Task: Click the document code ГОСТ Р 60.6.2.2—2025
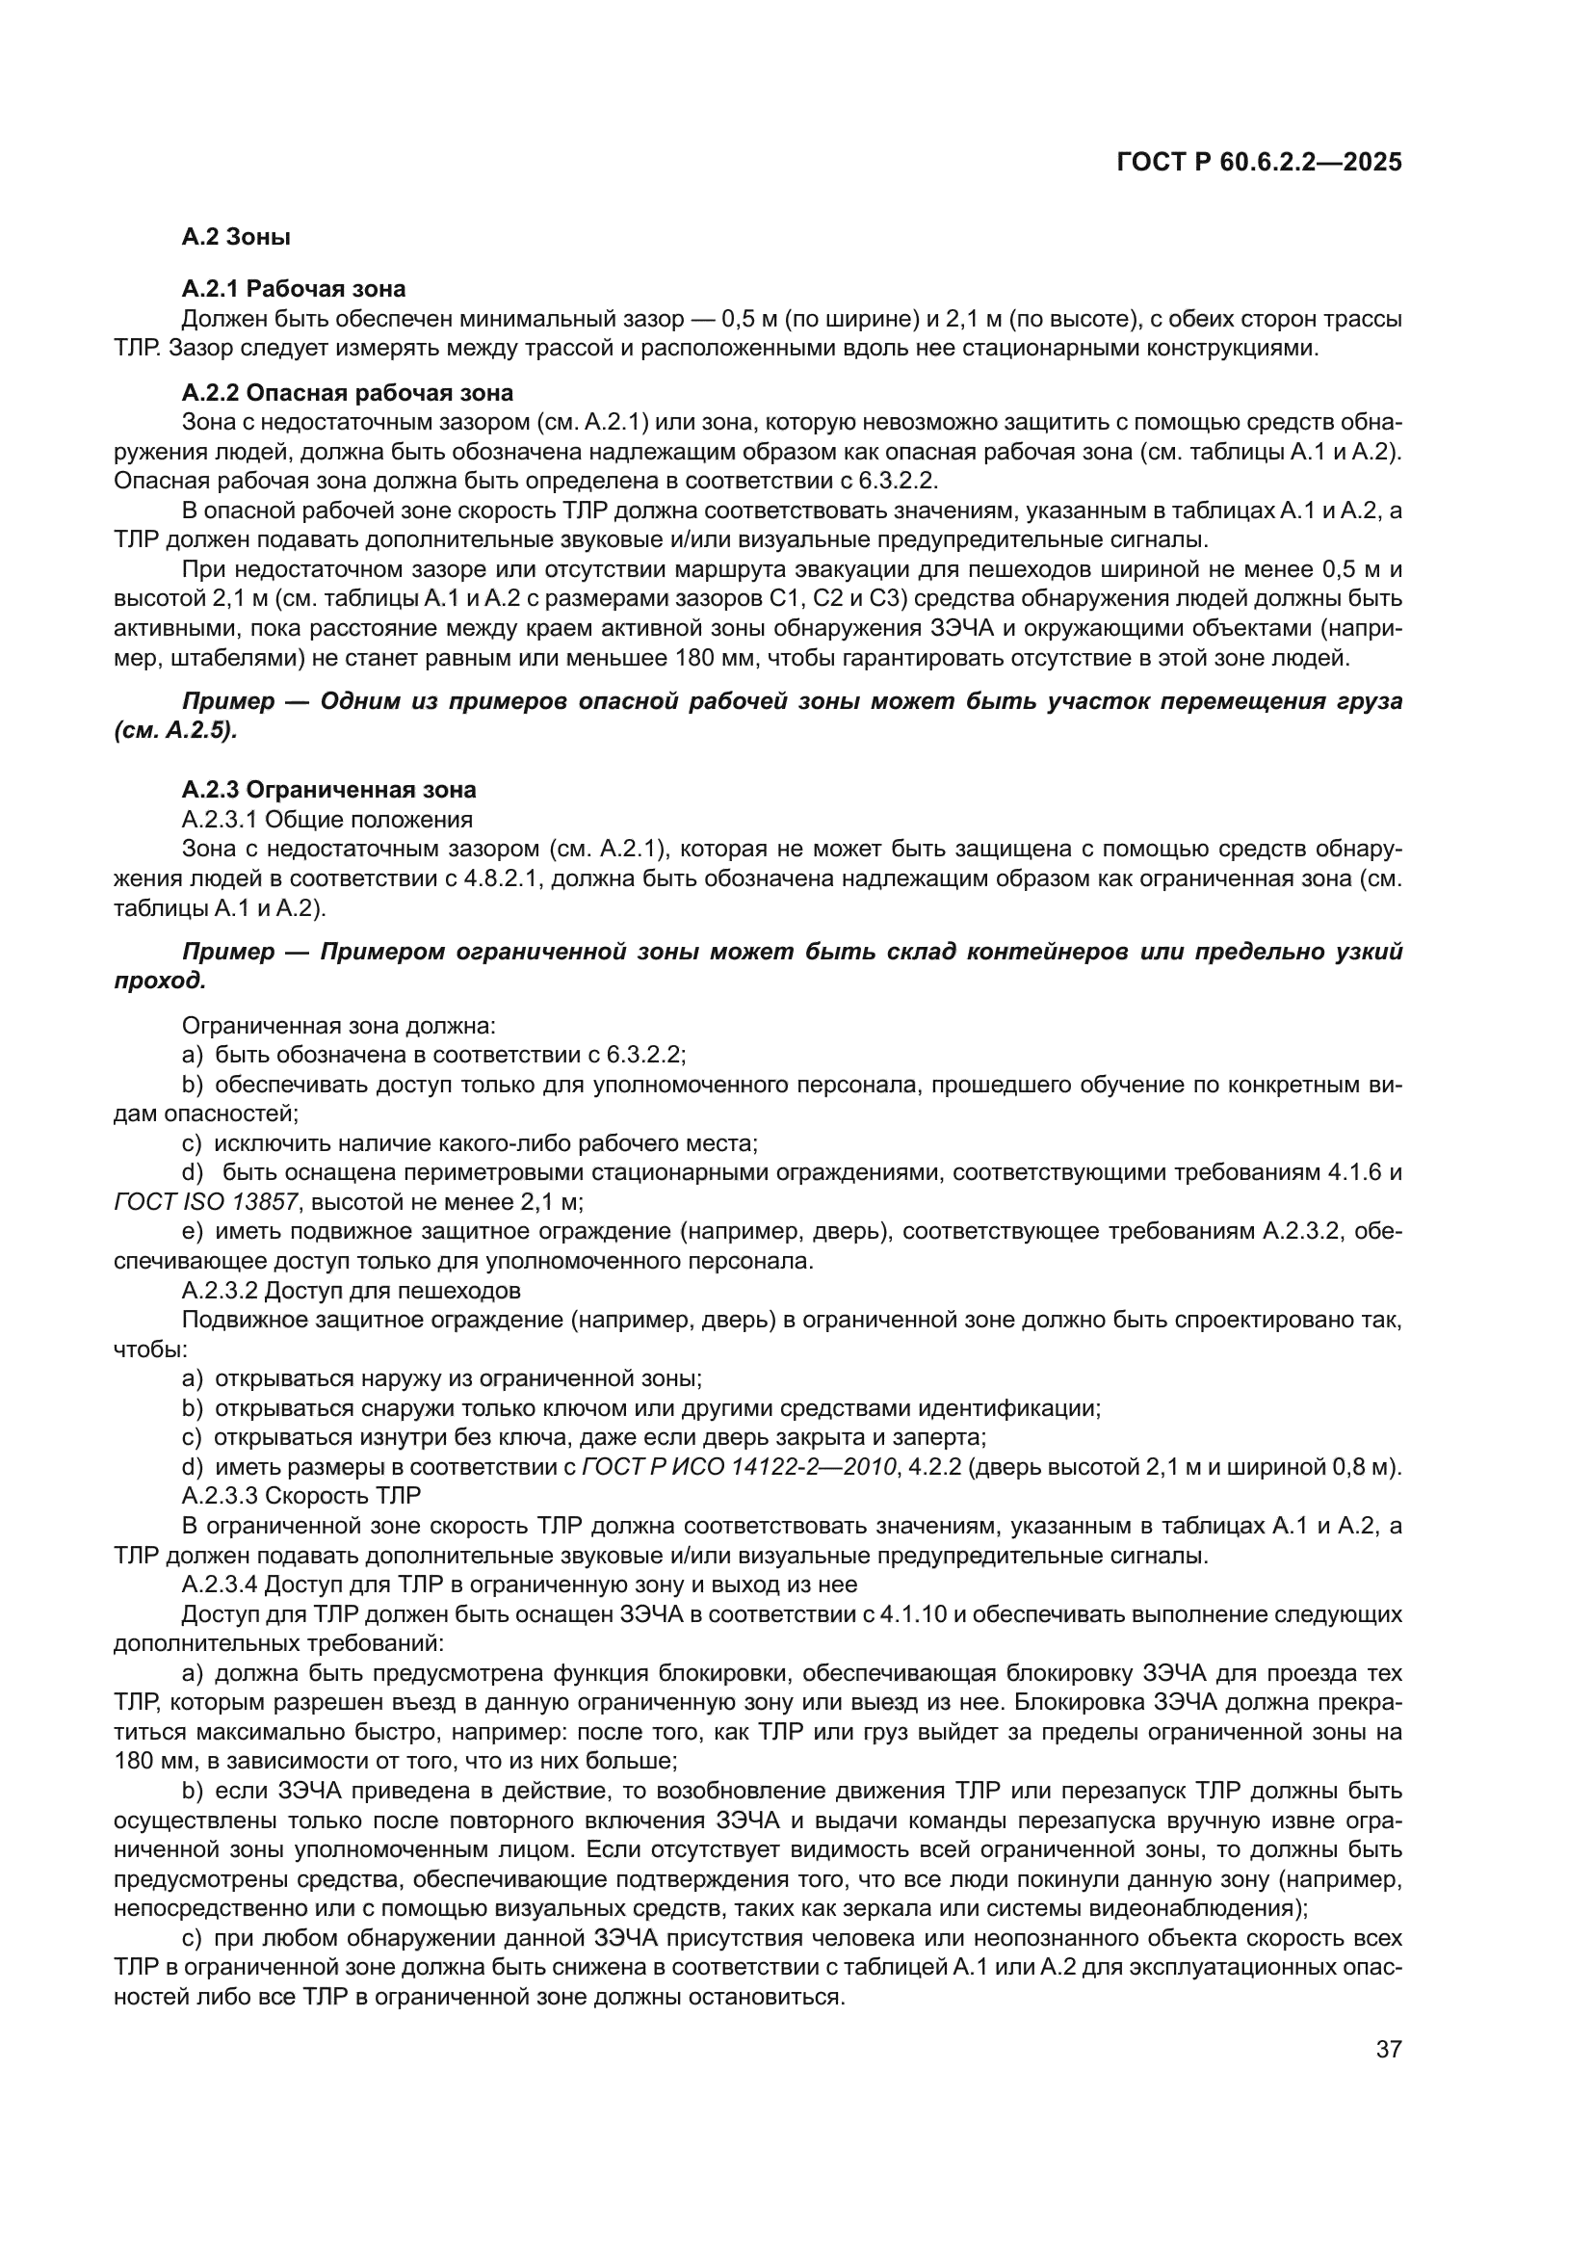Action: [1259, 162]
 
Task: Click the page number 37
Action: [1388, 2049]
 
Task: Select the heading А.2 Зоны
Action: [235, 237]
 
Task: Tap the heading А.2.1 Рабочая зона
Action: [294, 289]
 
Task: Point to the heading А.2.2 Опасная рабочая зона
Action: [348, 392]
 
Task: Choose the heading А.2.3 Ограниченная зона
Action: [328, 789]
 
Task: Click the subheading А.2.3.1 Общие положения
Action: [326, 819]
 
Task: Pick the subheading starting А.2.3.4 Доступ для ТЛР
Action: [520, 1584]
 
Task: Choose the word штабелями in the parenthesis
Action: [216, 658]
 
